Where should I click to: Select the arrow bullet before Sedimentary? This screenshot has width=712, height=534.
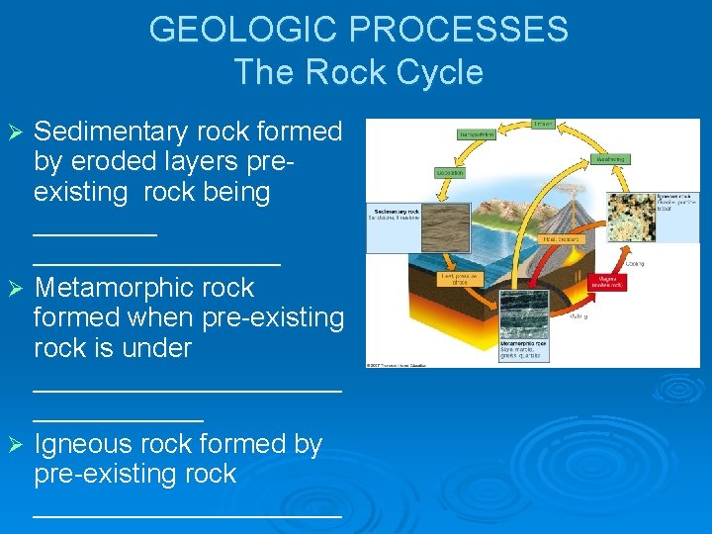point(14,133)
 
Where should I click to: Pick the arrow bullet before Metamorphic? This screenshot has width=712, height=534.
point(14,289)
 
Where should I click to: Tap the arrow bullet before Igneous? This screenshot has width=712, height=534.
point(14,445)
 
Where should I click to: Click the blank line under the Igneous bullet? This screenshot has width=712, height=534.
point(188,512)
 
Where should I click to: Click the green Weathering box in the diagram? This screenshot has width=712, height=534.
point(610,157)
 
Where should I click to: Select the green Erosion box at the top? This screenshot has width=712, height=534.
point(543,125)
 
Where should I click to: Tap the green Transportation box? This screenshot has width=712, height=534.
point(476,134)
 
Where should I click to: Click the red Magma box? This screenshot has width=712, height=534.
point(606,283)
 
